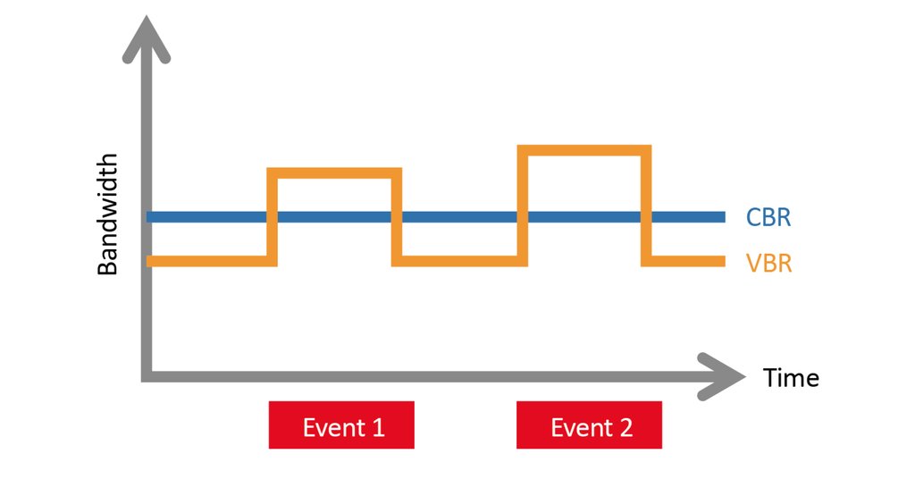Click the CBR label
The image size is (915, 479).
coord(768,217)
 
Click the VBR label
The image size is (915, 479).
coord(769,264)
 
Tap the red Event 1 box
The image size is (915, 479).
coord(341,424)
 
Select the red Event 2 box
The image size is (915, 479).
coord(590,424)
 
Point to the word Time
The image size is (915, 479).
coord(791,378)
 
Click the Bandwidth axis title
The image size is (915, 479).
coord(107,214)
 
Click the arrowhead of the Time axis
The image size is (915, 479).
coord(724,376)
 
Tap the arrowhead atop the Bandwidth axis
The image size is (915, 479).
coord(147,39)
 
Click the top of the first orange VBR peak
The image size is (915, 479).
coord(334,172)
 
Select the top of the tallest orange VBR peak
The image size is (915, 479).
coord(584,150)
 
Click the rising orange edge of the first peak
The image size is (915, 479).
coord(272,217)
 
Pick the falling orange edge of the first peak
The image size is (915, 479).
coord(397,217)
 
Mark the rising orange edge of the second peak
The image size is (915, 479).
coord(523,206)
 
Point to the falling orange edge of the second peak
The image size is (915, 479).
coord(646,206)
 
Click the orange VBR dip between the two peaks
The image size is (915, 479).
coord(460,261)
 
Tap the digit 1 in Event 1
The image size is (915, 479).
coord(378,428)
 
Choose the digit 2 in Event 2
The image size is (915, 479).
coord(625,428)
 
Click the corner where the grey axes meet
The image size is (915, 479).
coord(147,376)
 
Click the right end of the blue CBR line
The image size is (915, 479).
coord(725,217)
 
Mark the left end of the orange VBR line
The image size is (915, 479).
coord(147,261)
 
